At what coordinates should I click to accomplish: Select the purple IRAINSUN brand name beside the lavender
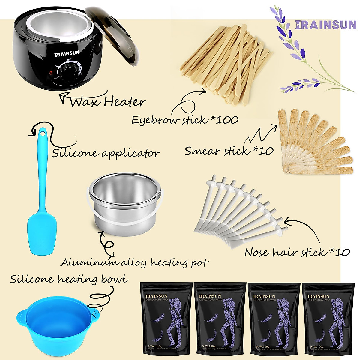point(325,25)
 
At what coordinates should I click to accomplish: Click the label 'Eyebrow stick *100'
point(185,120)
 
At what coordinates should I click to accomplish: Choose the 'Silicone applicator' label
point(106,153)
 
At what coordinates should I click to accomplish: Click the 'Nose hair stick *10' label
point(297,252)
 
